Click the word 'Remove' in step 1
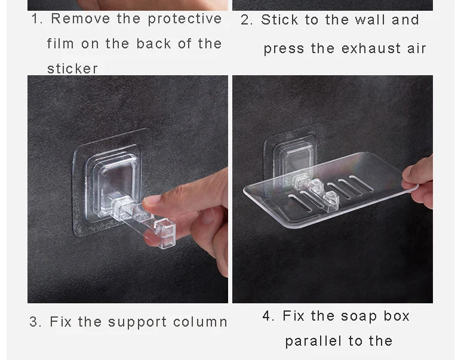[80, 19]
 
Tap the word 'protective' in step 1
[185, 19]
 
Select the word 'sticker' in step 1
[72, 69]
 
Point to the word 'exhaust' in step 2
[371, 48]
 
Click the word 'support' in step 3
[137, 322]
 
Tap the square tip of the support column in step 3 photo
[165, 233]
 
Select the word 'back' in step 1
[153, 44]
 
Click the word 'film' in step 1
[60, 44]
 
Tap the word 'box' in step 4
[397, 316]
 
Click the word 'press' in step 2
[284, 49]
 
